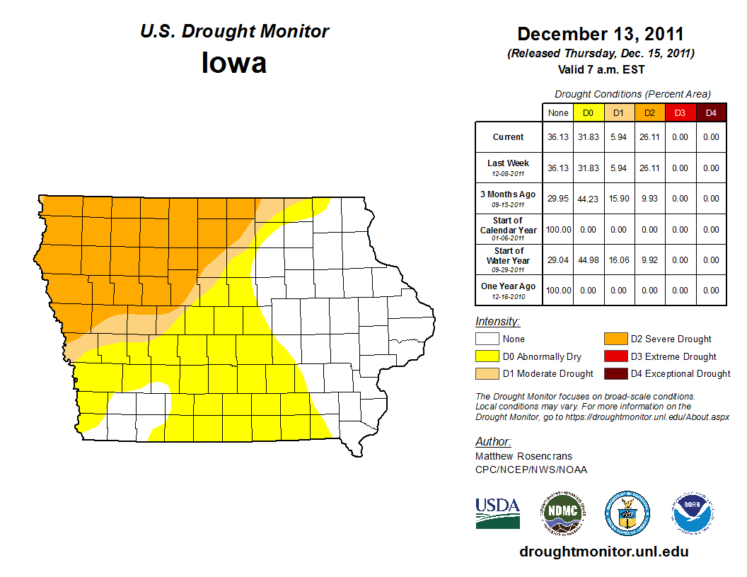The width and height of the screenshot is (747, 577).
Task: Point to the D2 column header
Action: [x=649, y=113]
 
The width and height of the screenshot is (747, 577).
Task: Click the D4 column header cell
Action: [x=711, y=113]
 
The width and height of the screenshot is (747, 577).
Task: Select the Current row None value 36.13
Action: [x=558, y=137]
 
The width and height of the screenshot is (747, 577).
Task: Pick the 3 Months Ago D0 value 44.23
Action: [x=588, y=199]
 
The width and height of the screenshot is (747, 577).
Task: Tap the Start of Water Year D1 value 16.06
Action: [x=619, y=260]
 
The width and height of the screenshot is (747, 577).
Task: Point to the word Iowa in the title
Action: [x=234, y=63]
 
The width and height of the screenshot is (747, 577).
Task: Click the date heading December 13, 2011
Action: [x=601, y=34]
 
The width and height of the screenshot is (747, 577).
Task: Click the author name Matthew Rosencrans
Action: [x=523, y=456]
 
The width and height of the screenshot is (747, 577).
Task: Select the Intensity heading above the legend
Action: [x=497, y=322]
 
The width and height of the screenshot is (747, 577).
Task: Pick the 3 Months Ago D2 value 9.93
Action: [x=649, y=199]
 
